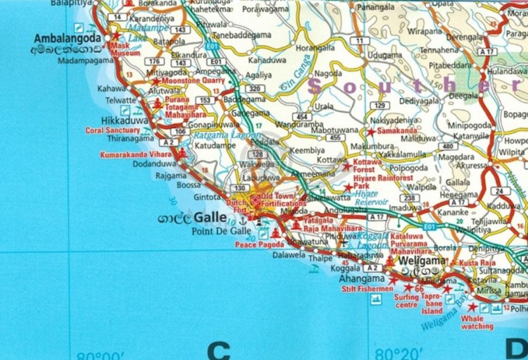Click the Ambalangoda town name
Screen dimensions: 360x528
tap(63, 38)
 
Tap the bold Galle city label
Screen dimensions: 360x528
tap(210, 218)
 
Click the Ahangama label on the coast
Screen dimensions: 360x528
tap(363, 278)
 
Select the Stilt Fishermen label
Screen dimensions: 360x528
tap(367, 289)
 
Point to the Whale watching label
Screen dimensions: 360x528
tap(477, 322)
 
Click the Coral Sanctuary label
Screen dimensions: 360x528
tap(113, 130)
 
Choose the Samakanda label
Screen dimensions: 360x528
tap(398, 132)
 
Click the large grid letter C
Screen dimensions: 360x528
tap(219, 349)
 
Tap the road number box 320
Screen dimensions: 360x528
tap(256, 89)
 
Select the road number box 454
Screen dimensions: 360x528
tap(303, 117)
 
